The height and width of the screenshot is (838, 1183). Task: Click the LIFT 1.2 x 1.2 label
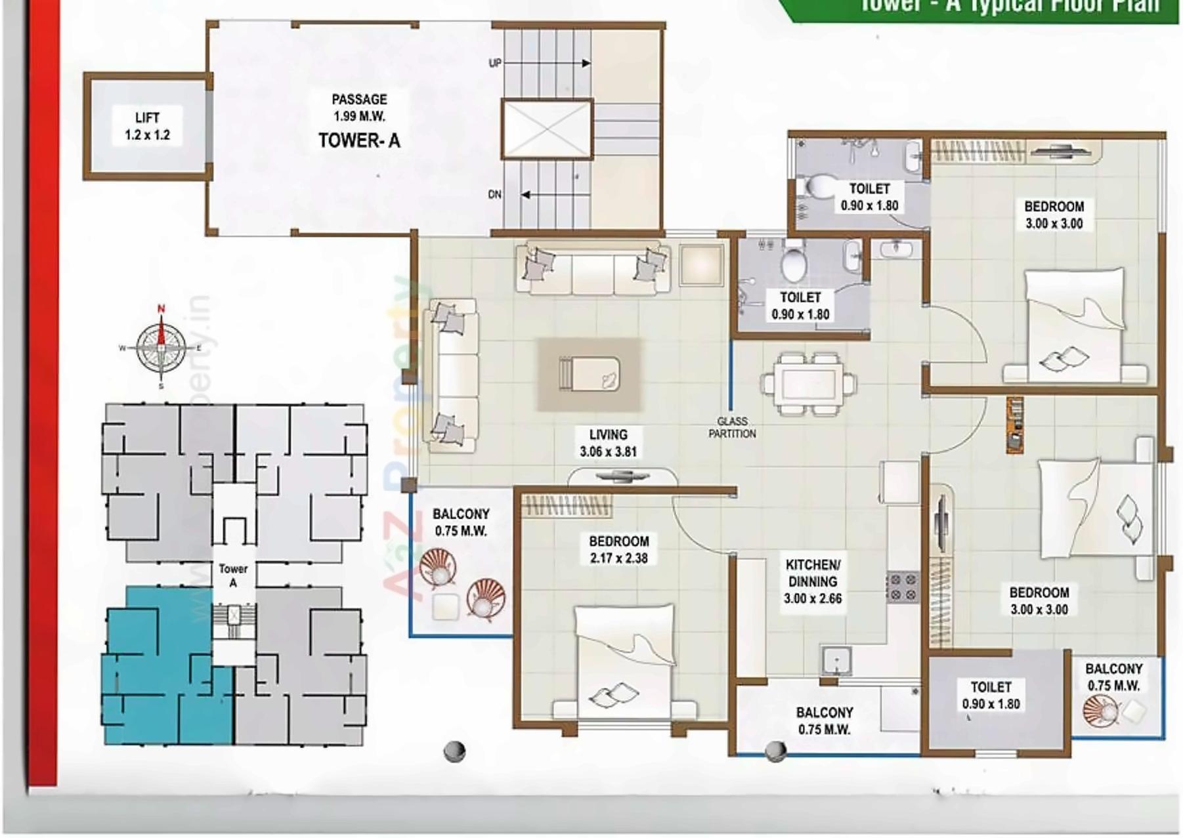click(x=147, y=126)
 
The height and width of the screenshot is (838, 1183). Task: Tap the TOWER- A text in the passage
click(x=359, y=140)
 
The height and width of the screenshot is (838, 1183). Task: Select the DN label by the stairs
click(x=495, y=194)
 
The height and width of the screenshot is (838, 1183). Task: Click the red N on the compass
click(x=161, y=308)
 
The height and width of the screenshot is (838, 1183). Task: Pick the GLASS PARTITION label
click(x=732, y=427)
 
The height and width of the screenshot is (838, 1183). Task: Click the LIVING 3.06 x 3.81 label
click(x=608, y=443)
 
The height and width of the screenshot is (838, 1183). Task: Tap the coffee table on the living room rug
click(x=589, y=374)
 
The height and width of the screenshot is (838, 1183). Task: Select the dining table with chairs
click(x=808, y=384)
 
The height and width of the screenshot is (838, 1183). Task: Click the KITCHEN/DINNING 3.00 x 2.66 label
click(x=812, y=581)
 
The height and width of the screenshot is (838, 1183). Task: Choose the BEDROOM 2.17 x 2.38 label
click(x=618, y=550)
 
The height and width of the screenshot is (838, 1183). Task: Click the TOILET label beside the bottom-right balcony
click(x=991, y=695)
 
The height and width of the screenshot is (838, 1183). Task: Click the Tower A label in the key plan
click(x=233, y=576)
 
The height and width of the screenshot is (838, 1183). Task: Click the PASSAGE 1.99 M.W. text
click(x=359, y=108)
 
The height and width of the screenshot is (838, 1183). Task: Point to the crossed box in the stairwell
click(x=547, y=129)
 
